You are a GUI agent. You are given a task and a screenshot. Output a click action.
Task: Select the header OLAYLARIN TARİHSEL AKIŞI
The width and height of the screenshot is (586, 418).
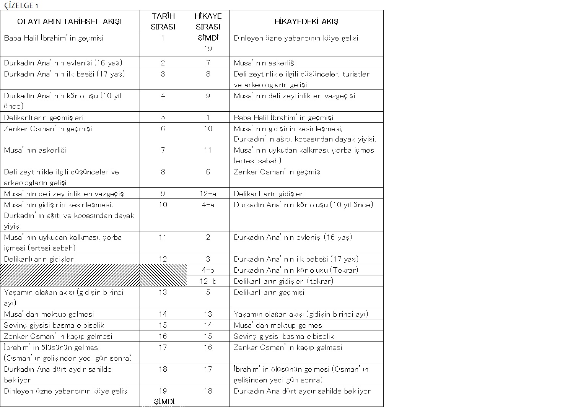coord(70,21)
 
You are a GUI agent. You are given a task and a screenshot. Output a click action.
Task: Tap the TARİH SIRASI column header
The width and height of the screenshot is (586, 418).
coord(163,21)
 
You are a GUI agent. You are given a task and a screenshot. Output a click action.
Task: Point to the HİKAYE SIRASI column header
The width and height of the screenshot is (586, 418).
coord(208,21)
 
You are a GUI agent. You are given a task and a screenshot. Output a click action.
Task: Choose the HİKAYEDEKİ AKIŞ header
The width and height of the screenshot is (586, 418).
coord(306,21)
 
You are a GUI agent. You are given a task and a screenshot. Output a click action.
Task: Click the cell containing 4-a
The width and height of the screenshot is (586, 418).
coord(208,205)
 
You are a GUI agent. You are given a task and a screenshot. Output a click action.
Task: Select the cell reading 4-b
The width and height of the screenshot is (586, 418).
coord(208,270)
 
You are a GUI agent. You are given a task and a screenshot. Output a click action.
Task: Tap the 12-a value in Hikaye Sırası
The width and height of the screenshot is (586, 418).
coord(208,194)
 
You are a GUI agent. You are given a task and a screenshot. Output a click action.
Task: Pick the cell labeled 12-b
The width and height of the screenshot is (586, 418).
coord(208,281)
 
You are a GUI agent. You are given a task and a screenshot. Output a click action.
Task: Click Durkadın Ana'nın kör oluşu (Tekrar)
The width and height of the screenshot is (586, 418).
coord(296,270)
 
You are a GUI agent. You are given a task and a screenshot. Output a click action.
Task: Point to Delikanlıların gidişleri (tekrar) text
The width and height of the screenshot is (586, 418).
coord(283,281)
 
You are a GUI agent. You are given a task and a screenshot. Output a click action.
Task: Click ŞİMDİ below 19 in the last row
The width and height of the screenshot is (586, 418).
coord(164,402)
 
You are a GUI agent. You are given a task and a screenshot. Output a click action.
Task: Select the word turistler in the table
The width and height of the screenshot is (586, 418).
coord(355,74)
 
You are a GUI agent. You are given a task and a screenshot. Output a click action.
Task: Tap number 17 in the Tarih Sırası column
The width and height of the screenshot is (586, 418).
coord(163,348)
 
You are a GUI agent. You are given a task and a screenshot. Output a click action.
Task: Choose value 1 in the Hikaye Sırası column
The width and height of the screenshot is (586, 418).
coord(208,118)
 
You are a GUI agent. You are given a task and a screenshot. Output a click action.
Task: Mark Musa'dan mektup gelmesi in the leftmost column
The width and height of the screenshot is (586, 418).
coord(49,314)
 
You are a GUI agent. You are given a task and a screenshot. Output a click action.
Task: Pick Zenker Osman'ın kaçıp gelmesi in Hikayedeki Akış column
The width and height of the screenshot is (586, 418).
coord(288,348)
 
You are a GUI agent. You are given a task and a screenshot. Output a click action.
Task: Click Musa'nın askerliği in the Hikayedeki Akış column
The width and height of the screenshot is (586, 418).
coord(265,63)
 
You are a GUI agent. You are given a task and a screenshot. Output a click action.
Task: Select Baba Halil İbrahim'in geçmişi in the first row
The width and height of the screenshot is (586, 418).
coord(54,38)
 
